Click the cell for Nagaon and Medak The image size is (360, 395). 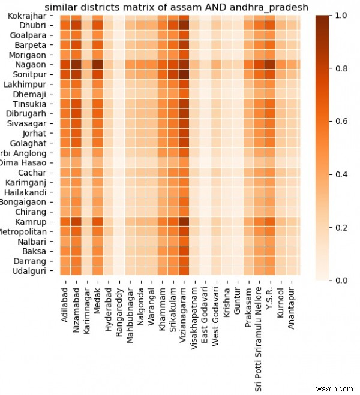[x=98, y=65]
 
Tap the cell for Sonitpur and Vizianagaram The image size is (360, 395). [x=184, y=74]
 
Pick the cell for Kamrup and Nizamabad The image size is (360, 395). [x=76, y=221]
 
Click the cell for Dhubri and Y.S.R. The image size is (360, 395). [x=270, y=25]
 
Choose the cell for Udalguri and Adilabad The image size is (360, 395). [x=65, y=270]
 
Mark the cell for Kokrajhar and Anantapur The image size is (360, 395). [x=292, y=16]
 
